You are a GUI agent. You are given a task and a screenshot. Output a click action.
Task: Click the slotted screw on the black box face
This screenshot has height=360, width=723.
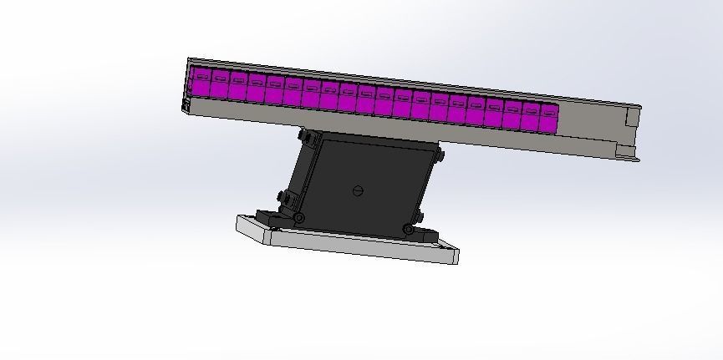359,190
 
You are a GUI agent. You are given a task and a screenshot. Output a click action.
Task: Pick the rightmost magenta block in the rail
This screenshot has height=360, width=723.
549,119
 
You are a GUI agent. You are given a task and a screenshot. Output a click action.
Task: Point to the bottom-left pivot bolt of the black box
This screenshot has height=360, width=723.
298,218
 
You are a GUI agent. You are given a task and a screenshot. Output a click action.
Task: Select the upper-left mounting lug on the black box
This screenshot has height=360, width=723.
306,135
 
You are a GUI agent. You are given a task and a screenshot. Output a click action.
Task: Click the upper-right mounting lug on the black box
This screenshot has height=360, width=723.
440,155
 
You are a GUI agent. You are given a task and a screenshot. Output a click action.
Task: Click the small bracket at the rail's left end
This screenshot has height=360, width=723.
185,105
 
